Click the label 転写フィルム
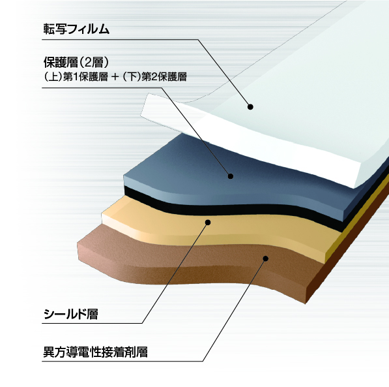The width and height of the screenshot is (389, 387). click(x=76, y=29)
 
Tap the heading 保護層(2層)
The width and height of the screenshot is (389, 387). click(x=76, y=62)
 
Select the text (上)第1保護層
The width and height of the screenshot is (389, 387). click(x=76, y=77)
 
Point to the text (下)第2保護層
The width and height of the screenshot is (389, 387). click(x=154, y=77)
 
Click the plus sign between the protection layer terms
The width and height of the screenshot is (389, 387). click(x=115, y=77)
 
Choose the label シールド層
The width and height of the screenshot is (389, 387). click(x=71, y=314)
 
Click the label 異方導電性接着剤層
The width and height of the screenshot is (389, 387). click(x=96, y=352)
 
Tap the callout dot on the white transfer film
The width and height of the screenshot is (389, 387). click(x=250, y=107)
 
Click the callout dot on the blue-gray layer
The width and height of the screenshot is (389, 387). click(x=231, y=176)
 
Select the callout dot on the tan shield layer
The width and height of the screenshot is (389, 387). click(x=208, y=222)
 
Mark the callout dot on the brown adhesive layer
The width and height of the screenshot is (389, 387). click(x=265, y=258)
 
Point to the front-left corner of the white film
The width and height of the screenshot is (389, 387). click(x=141, y=115)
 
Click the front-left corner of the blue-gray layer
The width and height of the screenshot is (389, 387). click(x=124, y=176)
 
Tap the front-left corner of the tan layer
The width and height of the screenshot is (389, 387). click(x=102, y=213)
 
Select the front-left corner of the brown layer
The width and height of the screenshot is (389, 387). click(x=78, y=242)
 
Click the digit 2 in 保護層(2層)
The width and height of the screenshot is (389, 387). click(x=87, y=63)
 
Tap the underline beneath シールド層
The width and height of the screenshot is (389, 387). click(x=93, y=323)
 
